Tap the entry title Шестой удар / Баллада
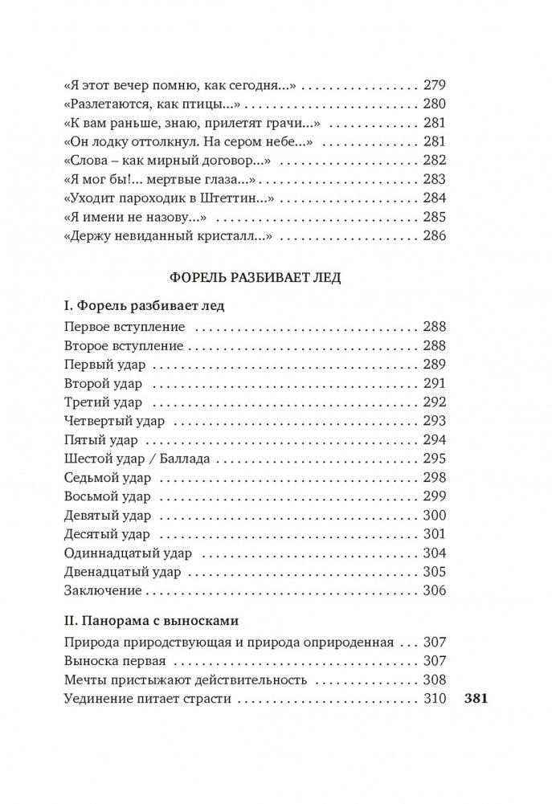pyautogui.click(x=136, y=459)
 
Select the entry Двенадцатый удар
pyautogui.click(x=121, y=573)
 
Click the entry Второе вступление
pyautogui.click(x=122, y=346)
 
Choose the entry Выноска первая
pyautogui.click(x=113, y=661)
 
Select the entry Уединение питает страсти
pyautogui.click(x=146, y=698)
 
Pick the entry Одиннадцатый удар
pyautogui.click(x=125, y=554)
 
